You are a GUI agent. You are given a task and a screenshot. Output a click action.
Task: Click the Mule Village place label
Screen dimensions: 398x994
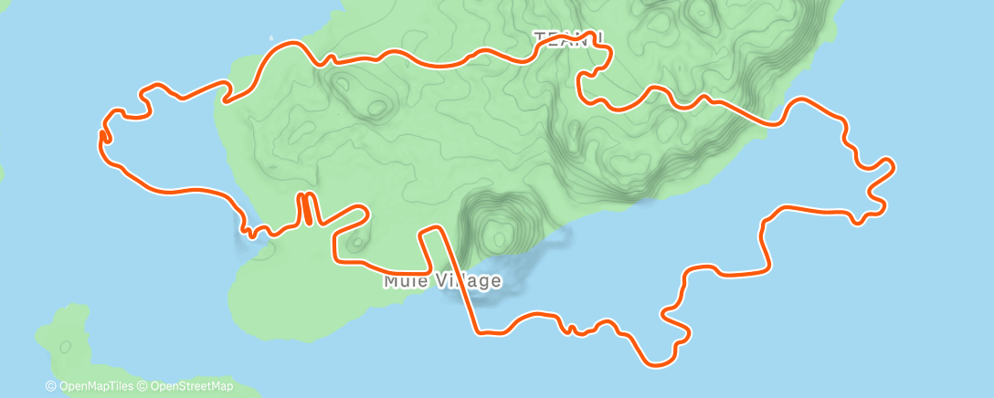pyautogui.click(x=442, y=281)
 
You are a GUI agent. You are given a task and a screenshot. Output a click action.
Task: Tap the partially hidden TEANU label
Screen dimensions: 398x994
pyautogui.click(x=567, y=38)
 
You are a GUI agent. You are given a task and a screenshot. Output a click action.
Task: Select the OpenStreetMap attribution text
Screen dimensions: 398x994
pyautogui.click(x=191, y=386)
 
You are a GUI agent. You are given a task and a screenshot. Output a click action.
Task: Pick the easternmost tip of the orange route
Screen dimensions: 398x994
pyautogui.click(x=893, y=165)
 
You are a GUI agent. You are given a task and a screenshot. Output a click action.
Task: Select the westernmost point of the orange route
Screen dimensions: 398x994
pyautogui.click(x=99, y=135)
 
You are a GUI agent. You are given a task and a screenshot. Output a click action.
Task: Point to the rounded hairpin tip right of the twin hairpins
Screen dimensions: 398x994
pyautogui.click(x=365, y=213)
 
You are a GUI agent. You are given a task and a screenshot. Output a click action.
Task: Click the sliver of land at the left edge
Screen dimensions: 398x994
pyautogui.click(x=2, y=171)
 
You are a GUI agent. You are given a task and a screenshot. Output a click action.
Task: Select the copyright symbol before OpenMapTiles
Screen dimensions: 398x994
pyautogui.click(x=51, y=386)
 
